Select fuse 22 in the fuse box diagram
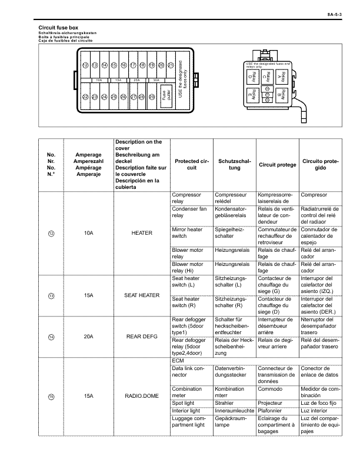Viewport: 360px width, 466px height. coord(85,96)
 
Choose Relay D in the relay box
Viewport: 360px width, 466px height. coord(251,76)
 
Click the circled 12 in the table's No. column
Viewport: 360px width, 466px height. coord(51,234)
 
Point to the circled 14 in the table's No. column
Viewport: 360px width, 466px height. coord(51,337)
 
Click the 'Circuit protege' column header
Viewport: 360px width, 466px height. coord(277,164)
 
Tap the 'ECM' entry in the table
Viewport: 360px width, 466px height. coord(178,360)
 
